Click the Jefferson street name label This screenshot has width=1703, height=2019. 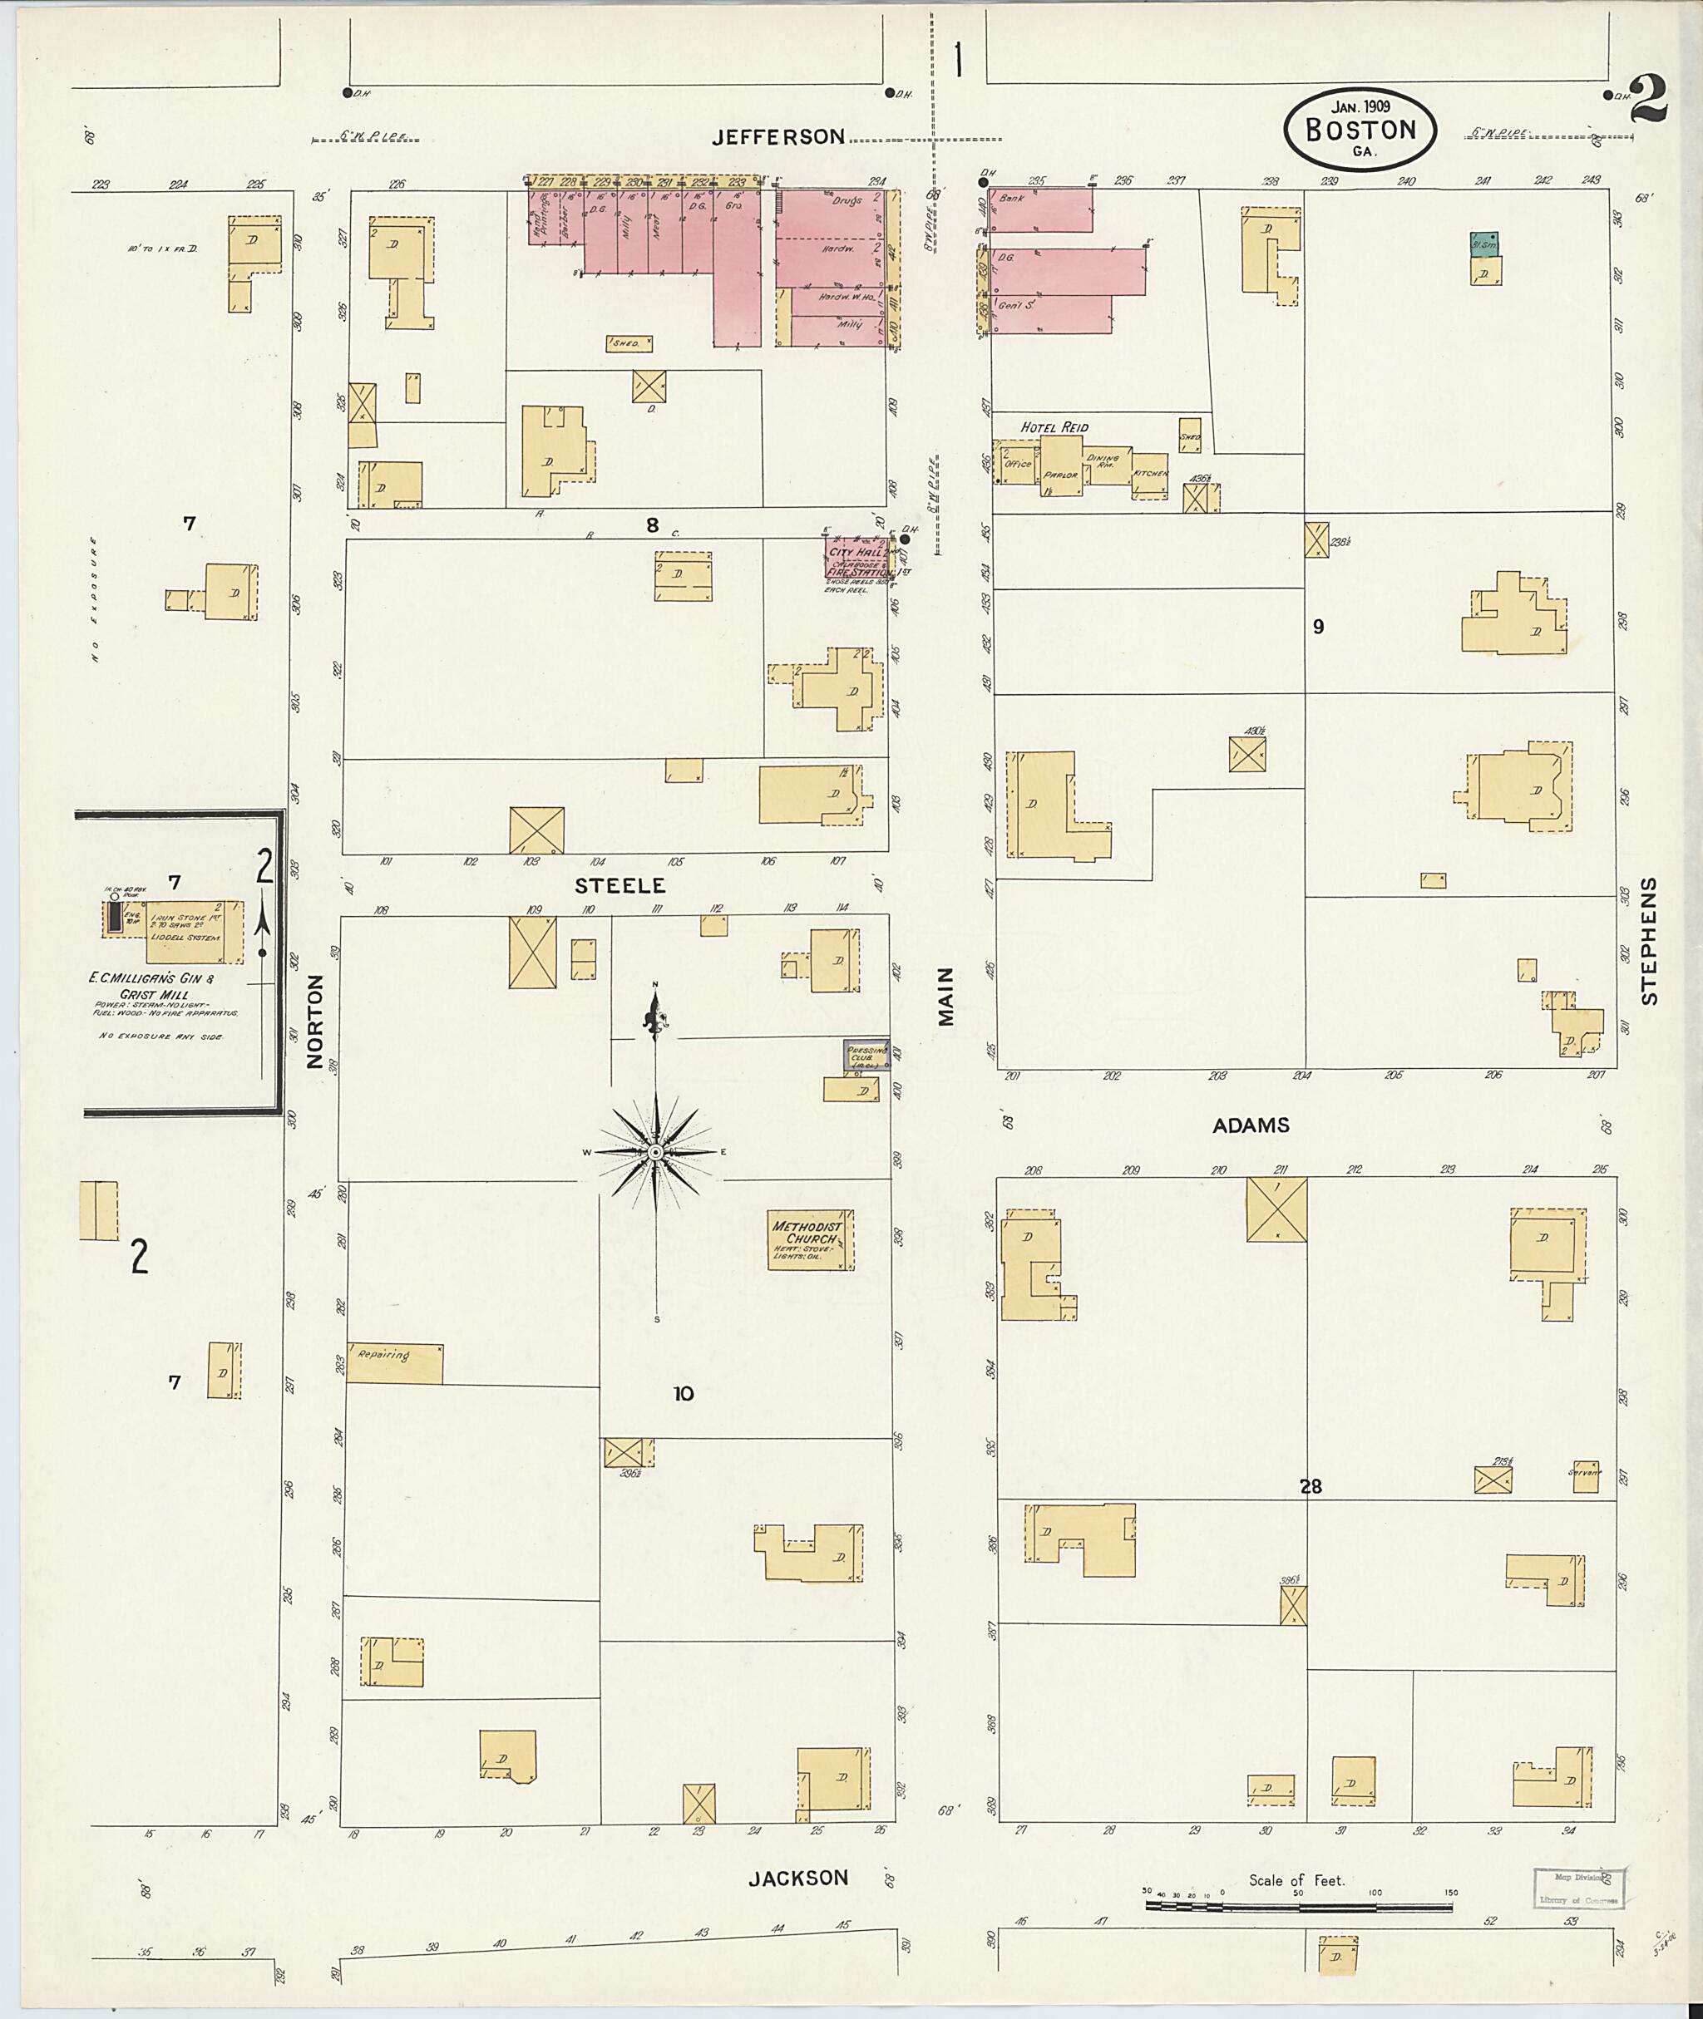[778, 137]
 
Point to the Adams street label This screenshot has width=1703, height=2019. [1251, 1125]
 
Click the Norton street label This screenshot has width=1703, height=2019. [314, 1035]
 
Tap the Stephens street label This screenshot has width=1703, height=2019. [1649, 941]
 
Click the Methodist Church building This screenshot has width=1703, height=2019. [809, 1239]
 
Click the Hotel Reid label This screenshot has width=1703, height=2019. [1054, 427]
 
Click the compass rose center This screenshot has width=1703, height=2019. [655, 1152]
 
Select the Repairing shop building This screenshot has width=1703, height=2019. [394, 1362]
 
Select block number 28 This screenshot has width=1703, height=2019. [1309, 1487]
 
